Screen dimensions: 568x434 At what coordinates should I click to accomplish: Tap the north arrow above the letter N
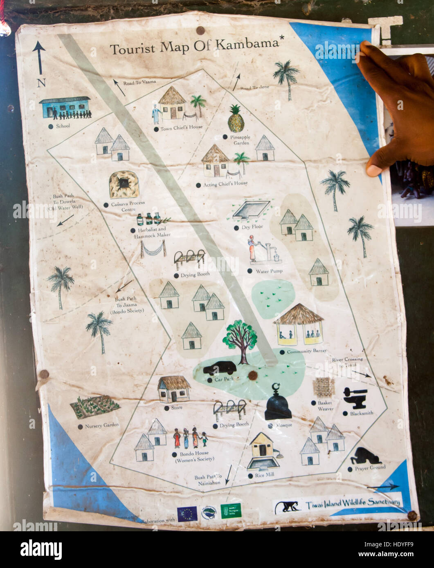click(x=39, y=57)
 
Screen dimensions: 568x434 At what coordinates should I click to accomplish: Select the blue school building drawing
click(x=65, y=108)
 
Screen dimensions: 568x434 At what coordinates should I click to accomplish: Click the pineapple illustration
click(x=236, y=119)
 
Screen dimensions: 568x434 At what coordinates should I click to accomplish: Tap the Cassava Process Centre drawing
click(x=123, y=185)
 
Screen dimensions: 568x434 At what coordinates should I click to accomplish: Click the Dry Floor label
click(x=252, y=227)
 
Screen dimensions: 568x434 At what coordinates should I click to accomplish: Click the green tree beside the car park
click(x=241, y=340)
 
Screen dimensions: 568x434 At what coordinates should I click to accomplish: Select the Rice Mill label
click(x=264, y=475)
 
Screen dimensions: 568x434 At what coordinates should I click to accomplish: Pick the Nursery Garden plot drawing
click(x=94, y=406)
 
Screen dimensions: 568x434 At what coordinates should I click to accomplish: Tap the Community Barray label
click(x=304, y=351)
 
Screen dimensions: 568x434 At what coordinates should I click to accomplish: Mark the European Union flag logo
click(x=187, y=513)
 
